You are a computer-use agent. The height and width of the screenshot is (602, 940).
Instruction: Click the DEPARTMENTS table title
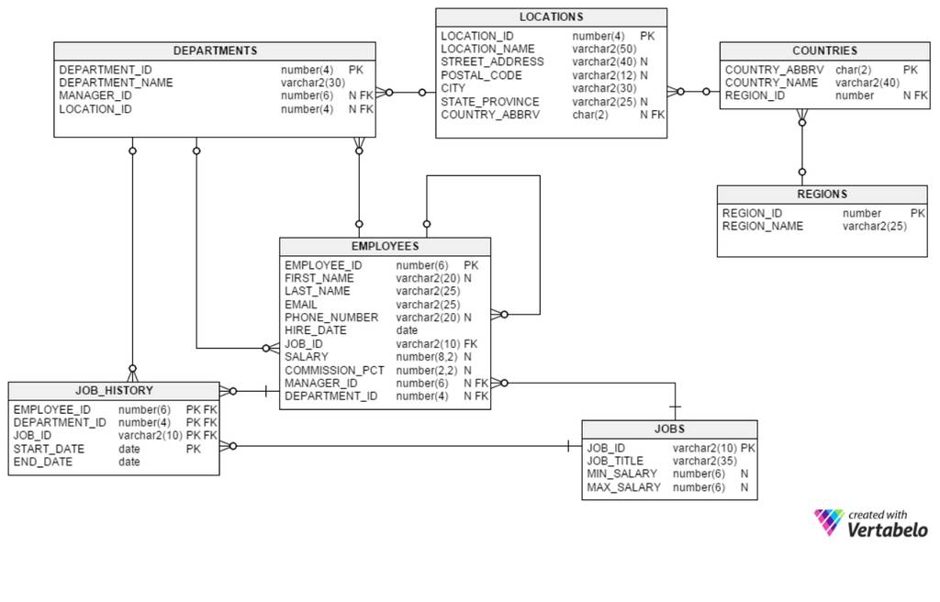[x=215, y=51]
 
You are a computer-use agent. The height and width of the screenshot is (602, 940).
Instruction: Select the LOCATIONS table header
[x=551, y=17]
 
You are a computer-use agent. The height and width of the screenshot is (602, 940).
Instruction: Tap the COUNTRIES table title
[x=825, y=51]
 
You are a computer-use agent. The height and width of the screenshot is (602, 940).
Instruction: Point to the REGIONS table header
[x=822, y=195]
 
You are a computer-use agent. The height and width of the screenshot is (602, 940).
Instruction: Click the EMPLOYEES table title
[x=385, y=247]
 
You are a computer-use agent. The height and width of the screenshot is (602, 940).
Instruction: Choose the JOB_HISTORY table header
[x=114, y=391]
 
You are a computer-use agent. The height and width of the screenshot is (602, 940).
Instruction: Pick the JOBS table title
[x=669, y=429]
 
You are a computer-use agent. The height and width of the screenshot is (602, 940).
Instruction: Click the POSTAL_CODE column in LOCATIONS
[x=481, y=75]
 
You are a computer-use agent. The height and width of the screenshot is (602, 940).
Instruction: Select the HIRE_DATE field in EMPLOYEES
[x=316, y=330]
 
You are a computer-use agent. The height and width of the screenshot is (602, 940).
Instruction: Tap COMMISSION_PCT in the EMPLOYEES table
[x=334, y=371]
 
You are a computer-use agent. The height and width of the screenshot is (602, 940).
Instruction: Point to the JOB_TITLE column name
[x=615, y=461]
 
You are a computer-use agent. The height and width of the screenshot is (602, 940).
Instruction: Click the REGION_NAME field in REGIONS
[x=763, y=226]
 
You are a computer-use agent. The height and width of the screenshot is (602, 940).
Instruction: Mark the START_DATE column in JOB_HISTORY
[x=49, y=449]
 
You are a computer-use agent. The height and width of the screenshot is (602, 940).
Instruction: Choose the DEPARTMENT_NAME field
[x=116, y=83]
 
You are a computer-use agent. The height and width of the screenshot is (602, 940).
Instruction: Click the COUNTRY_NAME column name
[x=771, y=83]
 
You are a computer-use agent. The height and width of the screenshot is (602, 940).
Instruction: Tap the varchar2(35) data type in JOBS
[x=704, y=461]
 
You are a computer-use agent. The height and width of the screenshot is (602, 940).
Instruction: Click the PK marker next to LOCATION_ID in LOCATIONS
[x=647, y=37]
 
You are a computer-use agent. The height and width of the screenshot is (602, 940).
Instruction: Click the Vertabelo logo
[x=870, y=523]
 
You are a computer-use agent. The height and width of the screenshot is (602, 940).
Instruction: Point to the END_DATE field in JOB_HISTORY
[x=42, y=463]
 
